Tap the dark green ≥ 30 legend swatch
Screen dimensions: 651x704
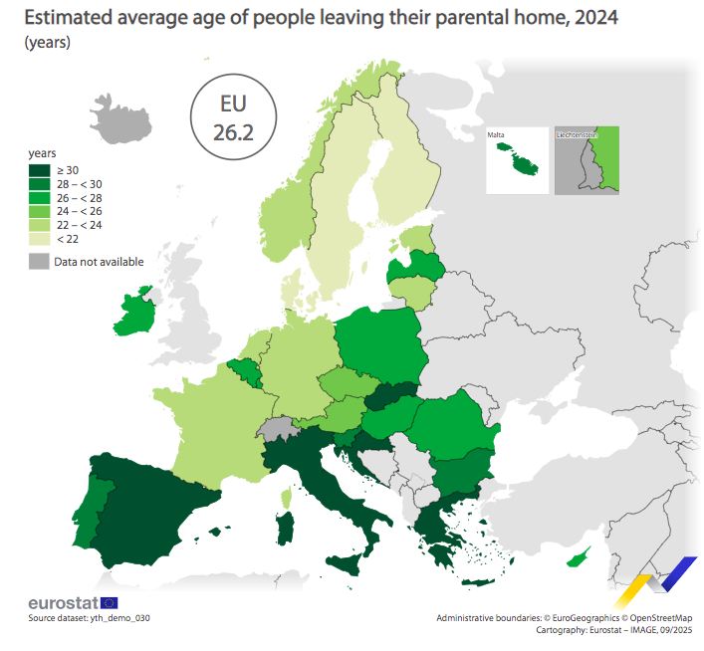[x=37, y=169]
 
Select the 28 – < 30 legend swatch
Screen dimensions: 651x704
[x=37, y=183]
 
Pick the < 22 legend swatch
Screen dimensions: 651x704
[x=37, y=239]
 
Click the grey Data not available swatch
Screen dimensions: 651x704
[x=38, y=262]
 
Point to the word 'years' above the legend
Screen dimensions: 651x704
[x=42, y=153]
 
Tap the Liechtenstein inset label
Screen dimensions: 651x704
[x=576, y=133]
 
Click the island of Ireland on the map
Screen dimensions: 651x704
[x=133, y=314]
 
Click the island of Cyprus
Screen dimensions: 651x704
[x=579, y=558]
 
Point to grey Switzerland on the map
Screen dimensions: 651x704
[x=278, y=429]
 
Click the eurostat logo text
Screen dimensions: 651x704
[x=63, y=603]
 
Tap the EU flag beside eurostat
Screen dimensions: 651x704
[x=109, y=602]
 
